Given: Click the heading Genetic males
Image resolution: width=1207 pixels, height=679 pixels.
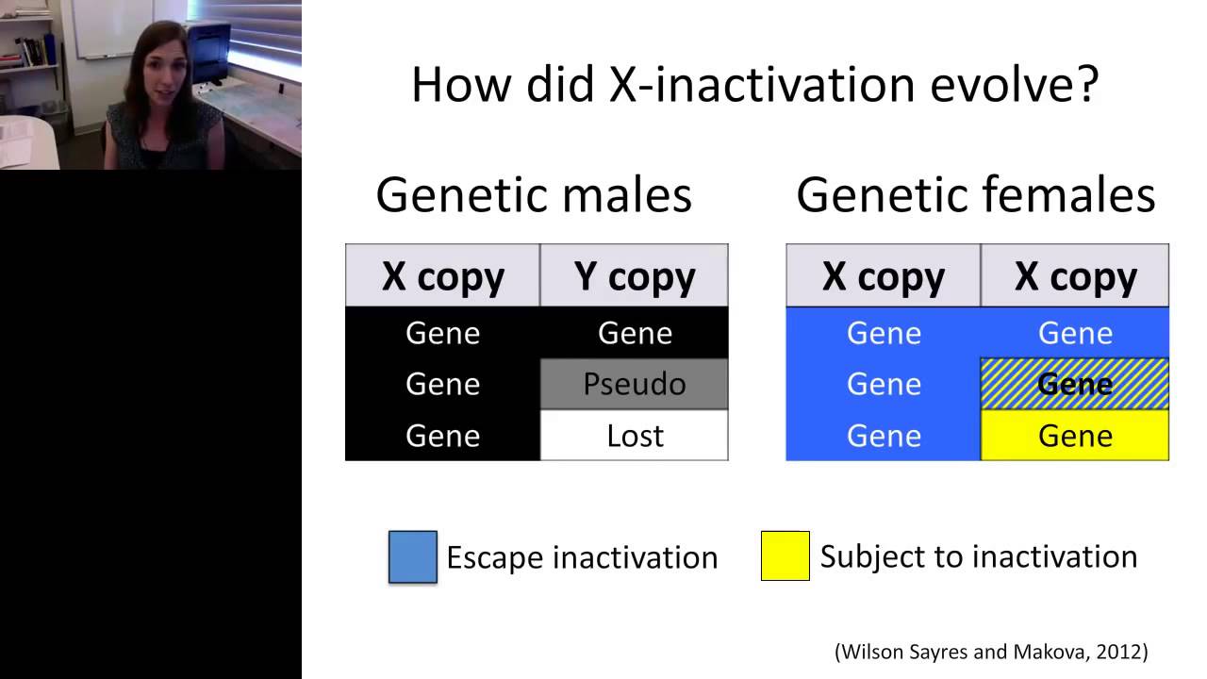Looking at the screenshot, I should pos(534,195).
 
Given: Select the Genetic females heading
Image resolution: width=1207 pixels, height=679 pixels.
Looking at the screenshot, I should pos(975,195).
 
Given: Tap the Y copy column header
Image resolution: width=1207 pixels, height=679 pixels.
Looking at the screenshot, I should pos(635,276).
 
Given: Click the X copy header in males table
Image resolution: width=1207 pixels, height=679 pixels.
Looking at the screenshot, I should pos(442,276).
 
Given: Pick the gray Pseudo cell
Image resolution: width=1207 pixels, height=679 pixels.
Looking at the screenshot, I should pos(635,384).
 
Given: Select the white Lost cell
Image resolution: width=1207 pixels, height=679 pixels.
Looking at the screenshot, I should pos(635,436).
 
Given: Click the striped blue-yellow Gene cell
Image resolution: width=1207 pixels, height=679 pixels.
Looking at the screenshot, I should pos(1075,384).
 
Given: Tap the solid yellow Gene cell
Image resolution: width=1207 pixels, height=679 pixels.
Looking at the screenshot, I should pos(1075,436).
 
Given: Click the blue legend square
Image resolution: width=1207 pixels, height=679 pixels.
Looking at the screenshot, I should pos(413,556).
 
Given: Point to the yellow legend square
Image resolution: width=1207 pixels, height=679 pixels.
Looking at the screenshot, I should pos(785,556).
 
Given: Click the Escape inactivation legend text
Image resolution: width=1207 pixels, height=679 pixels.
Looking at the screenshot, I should pos(582,557).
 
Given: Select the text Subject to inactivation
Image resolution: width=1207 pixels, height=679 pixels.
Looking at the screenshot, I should pos(978,556).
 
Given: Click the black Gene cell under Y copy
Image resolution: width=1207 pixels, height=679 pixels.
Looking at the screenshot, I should pos(635,333).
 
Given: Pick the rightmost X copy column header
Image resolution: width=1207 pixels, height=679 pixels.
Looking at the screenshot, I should pos(1075,276).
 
